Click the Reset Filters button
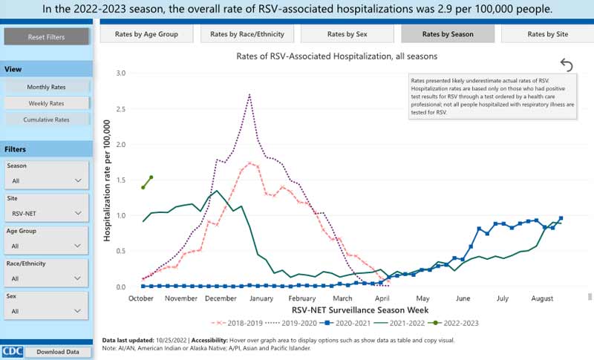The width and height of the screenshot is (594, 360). click(46, 36)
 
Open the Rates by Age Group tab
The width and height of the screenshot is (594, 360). click(146, 34)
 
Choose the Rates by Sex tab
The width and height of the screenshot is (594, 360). click(346, 34)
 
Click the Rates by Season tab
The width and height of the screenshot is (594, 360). click(447, 34)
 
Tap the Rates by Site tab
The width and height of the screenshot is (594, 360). click(547, 34)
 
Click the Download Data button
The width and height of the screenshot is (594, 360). click(57, 352)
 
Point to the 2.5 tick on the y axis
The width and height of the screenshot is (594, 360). click(121, 109)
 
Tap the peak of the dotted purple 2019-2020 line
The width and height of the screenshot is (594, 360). click(249, 94)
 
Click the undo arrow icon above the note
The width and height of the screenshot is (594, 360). click(567, 65)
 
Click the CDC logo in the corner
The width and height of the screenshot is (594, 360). click(12, 351)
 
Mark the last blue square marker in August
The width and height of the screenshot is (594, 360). click(561, 218)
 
